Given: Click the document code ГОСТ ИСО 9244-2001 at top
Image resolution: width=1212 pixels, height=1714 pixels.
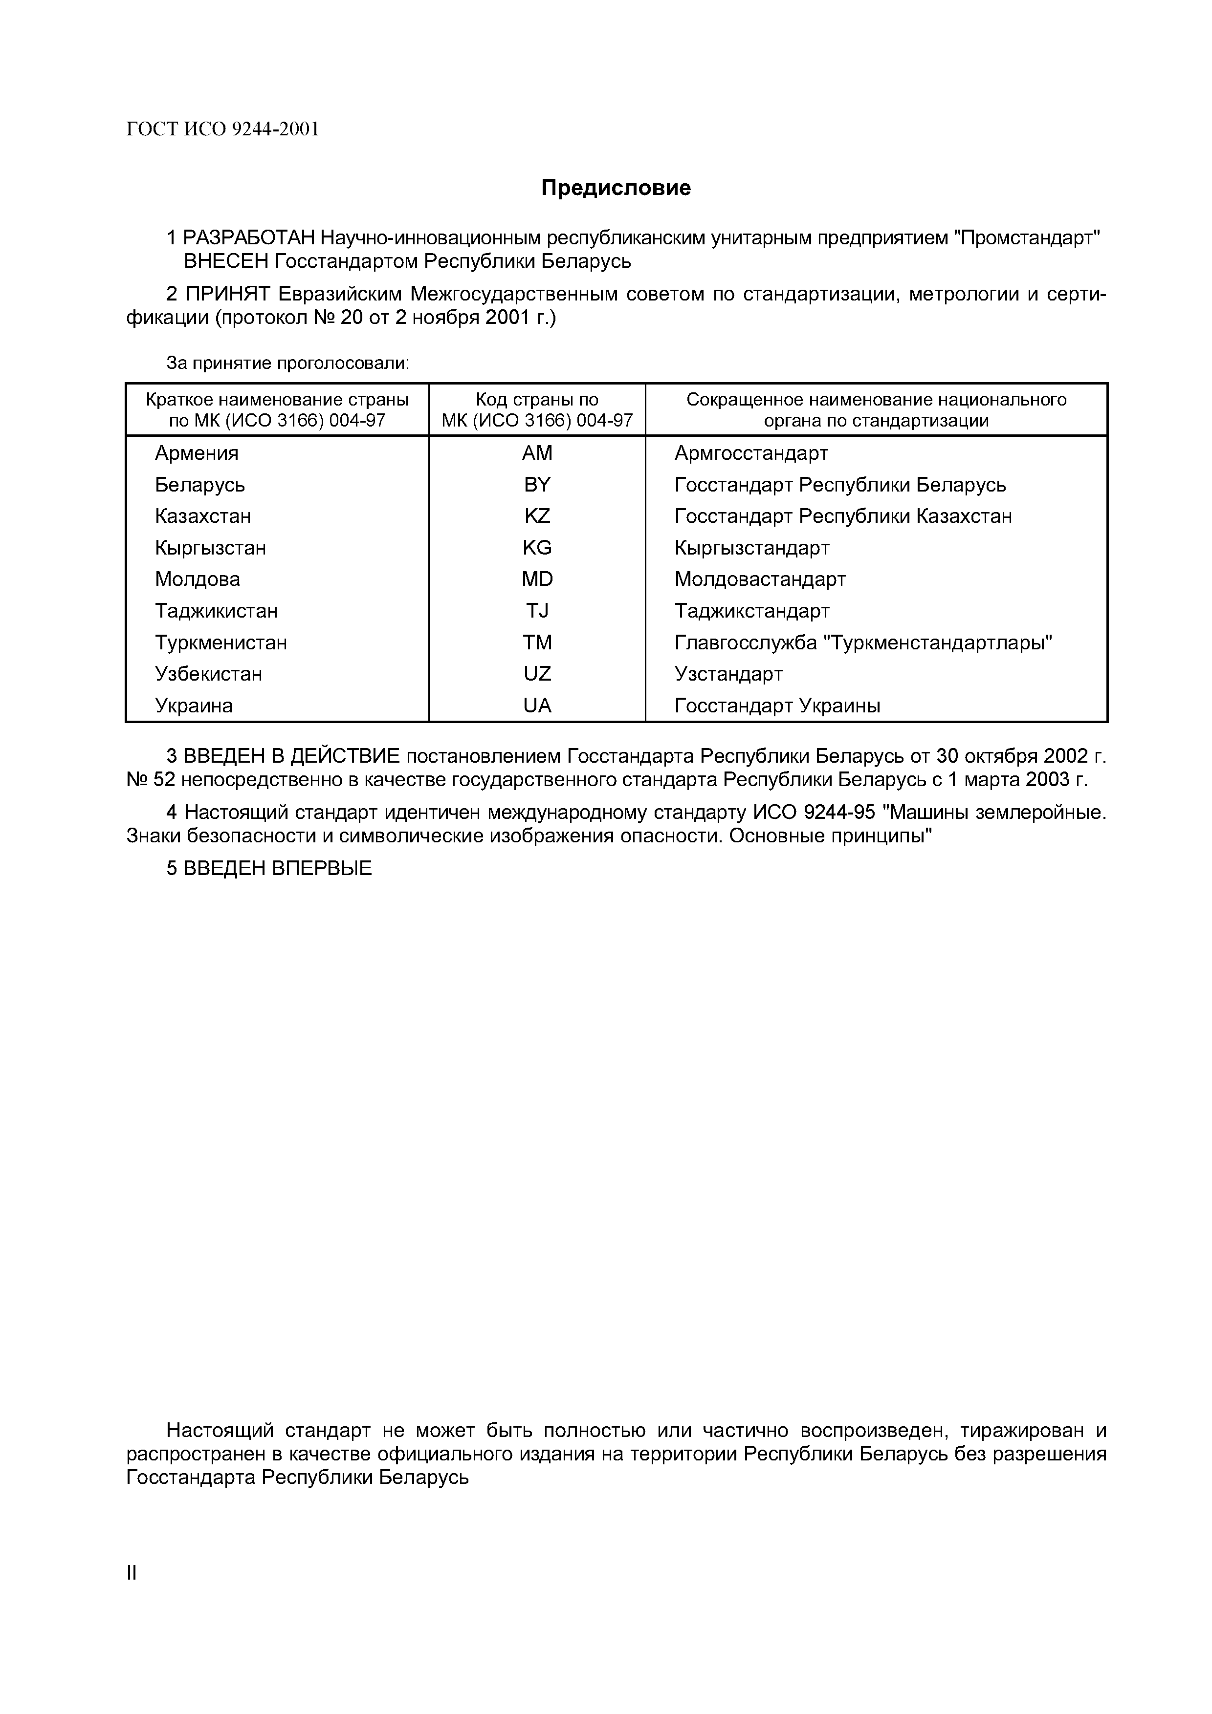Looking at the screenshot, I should pyautogui.click(x=222, y=130).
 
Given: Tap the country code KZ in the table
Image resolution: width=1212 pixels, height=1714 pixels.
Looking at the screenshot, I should pyautogui.click(x=537, y=516).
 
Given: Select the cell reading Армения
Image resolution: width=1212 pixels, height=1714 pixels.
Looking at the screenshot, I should pyautogui.click(x=197, y=453).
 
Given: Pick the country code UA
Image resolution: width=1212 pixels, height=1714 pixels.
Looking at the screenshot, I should pyautogui.click(x=537, y=706).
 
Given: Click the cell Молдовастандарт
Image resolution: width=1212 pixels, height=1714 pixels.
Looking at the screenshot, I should pyautogui.click(x=759, y=579).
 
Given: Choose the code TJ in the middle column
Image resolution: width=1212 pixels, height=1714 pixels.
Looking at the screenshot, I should pyautogui.click(x=537, y=611).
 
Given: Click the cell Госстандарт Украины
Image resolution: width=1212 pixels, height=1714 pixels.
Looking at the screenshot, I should pyautogui.click(x=777, y=706).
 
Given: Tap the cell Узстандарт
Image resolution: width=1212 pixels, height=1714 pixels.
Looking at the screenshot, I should pyautogui.click(x=728, y=674).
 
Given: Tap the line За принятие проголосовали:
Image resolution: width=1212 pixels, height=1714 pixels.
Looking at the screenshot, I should pyautogui.click(x=287, y=364).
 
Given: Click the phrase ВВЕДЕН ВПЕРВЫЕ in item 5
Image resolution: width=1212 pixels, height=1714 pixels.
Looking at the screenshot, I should pyautogui.click(x=277, y=869).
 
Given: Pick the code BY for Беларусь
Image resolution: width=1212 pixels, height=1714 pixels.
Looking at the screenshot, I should pyautogui.click(x=537, y=485).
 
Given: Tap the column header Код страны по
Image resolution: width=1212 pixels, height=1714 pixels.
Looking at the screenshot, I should pyautogui.click(x=537, y=399).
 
